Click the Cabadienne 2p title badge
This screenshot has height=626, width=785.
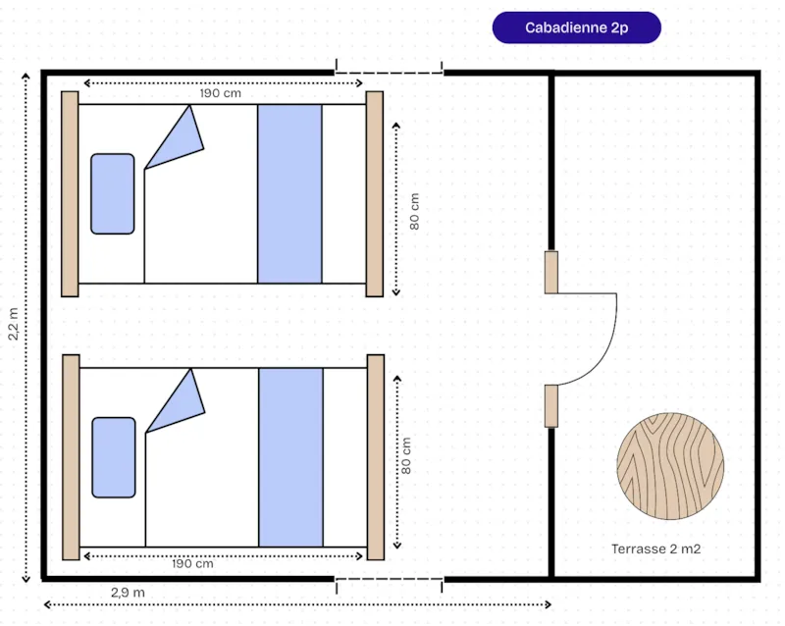pyautogui.click(x=576, y=27)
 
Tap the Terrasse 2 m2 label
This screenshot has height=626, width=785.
pyautogui.click(x=655, y=548)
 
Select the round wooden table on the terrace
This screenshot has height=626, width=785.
pyautogui.click(x=670, y=466)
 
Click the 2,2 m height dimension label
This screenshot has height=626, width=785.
pyautogui.click(x=13, y=324)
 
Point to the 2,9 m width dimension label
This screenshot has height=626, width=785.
pyautogui.click(x=128, y=593)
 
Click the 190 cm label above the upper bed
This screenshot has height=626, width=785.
pyautogui.click(x=220, y=93)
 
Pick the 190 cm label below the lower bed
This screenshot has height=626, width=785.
pyautogui.click(x=192, y=564)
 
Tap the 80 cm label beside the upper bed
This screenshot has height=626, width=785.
pyautogui.click(x=414, y=212)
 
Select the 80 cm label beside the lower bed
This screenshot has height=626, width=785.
pyautogui.click(x=406, y=455)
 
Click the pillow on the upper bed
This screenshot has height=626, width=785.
pyautogui.click(x=113, y=194)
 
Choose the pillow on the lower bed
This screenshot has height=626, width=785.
pyautogui.click(x=114, y=457)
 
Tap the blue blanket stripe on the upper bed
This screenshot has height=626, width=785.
pyautogui.click(x=289, y=194)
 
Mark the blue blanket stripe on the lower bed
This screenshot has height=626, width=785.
pyautogui.click(x=290, y=458)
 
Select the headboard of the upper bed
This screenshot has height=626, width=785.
pyautogui.click(x=70, y=194)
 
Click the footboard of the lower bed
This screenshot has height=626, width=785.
pyautogui.click(x=376, y=457)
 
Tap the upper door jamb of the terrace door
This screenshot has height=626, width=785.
pyautogui.click(x=551, y=273)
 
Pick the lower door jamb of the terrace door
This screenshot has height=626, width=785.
pyautogui.click(x=551, y=406)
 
